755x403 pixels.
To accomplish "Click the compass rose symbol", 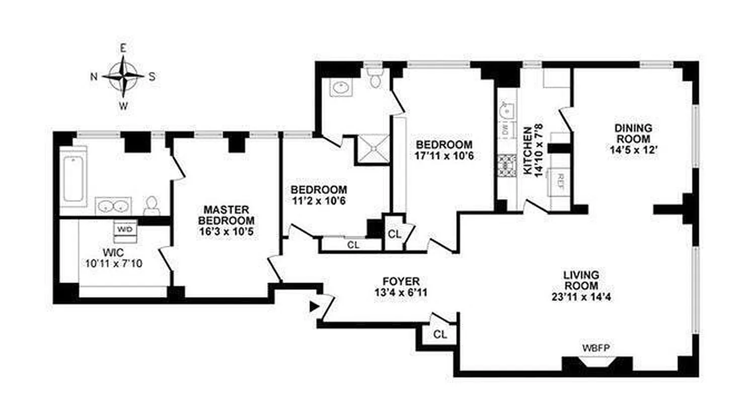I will (x=123, y=77).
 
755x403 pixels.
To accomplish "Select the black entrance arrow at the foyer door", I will (x=315, y=306).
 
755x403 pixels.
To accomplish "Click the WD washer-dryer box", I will (x=125, y=229).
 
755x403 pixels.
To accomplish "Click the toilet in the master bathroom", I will (x=151, y=204).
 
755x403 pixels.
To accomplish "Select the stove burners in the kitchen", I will (x=504, y=166).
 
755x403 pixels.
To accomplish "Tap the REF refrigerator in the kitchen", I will (x=560, y=180).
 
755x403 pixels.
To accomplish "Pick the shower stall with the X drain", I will (x=373, y=148).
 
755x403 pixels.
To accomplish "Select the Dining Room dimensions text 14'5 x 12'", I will (x=632, y=150).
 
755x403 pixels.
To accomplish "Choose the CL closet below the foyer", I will (x=439, y=334).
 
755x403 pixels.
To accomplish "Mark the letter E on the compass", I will (x=123, y=48).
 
